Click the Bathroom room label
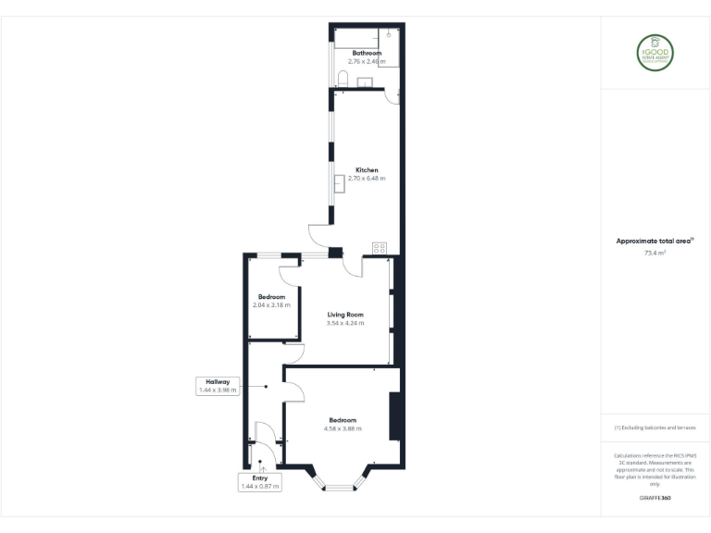click(x=366, y=53)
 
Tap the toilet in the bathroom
click(x=343, y=80)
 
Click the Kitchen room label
click(x=367, y=170)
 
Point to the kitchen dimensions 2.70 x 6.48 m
click(x=367, y=179)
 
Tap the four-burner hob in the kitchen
click(x=379, y=248)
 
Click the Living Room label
click(x=345, y=315)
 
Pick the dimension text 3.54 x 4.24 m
click(x=345, y=323)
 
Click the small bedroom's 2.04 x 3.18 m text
click(x=271, y=304)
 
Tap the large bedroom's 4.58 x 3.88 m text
click(x=343, y=428)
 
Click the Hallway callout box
click(x=218, y=386)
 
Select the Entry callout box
click(x=259, y=482)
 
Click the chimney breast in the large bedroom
click(x=394, y=416)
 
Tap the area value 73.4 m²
click(x=655, y=252)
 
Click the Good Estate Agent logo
click(x=655, y=55)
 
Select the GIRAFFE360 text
click(x=655, y=497)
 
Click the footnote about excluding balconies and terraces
click(x=655, y=428)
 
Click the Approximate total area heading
click(x=654, y=241)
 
